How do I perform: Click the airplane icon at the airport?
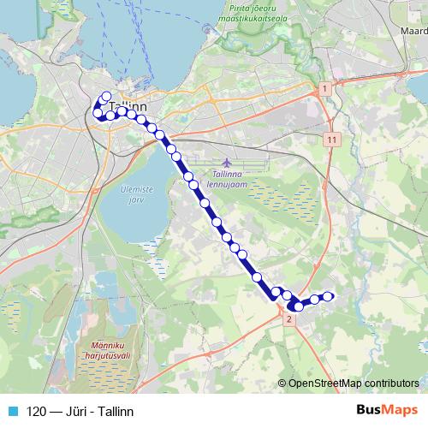click(225, 162)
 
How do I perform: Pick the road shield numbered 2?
click(289, 319)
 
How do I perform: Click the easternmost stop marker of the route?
click(327, 297)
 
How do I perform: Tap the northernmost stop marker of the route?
click(106, 97)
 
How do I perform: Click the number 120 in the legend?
click(36, 411)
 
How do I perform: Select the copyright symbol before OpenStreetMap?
click(282, 383)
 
